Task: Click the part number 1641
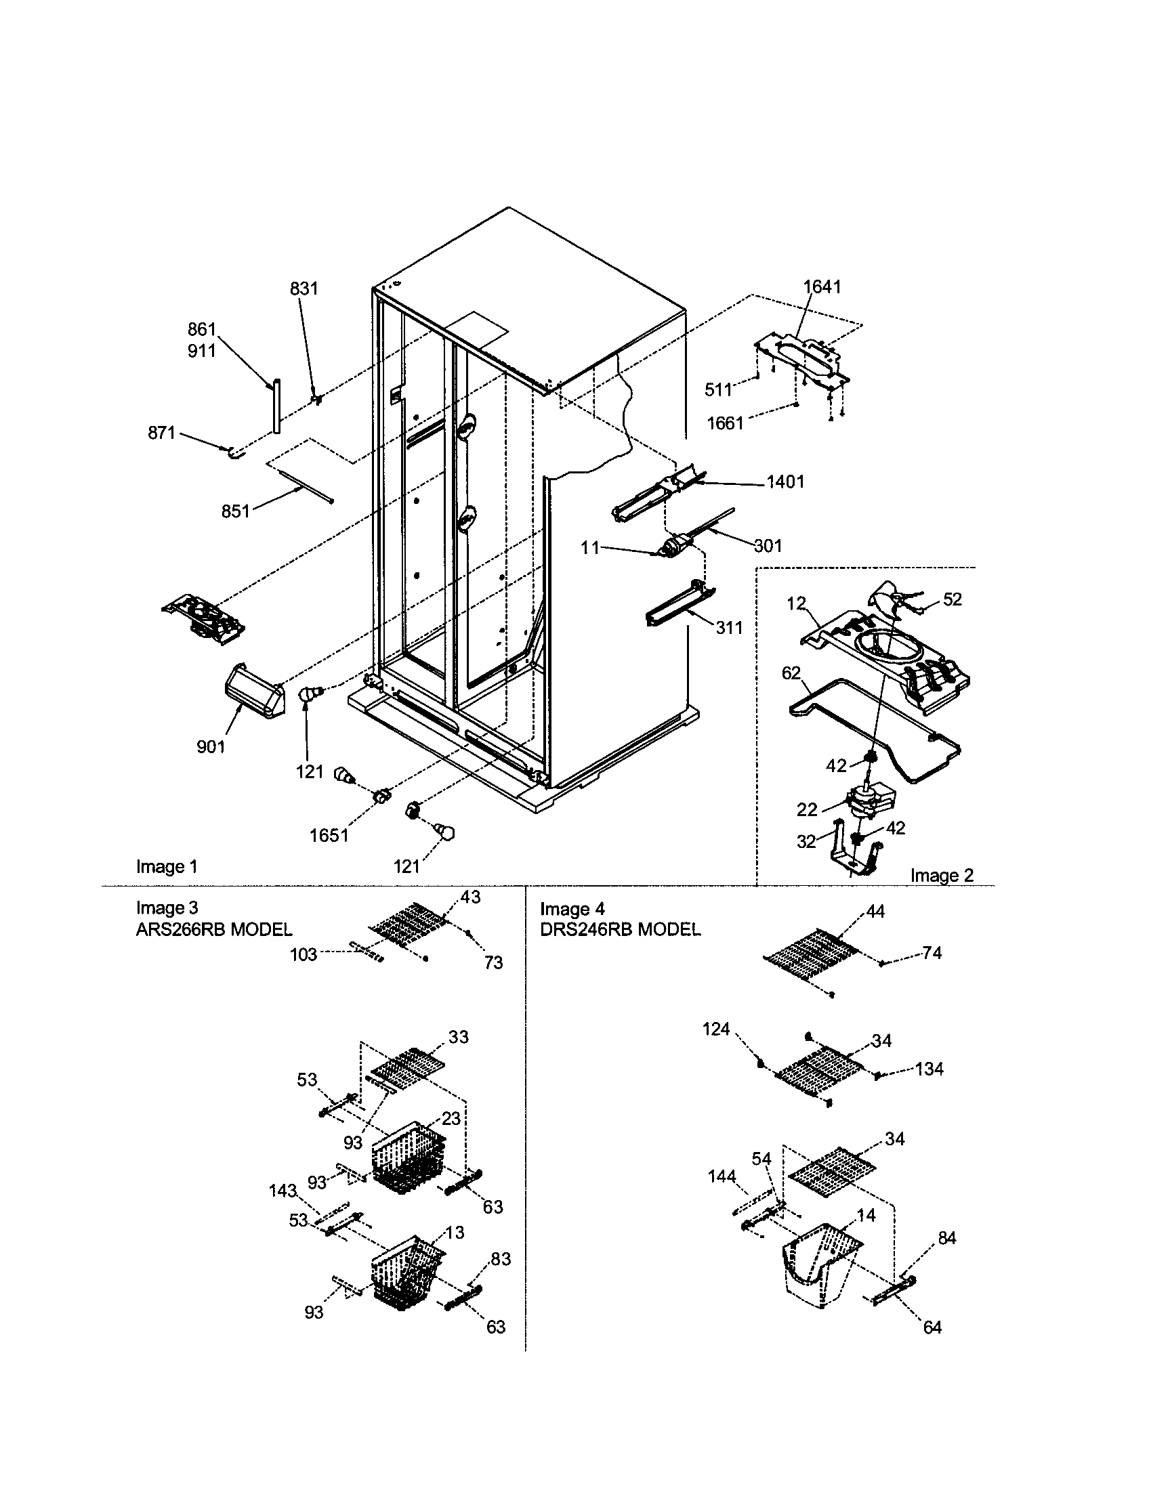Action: click(x=822, y=286)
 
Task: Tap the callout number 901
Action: click(x=211, y=747)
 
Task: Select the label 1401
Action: click(x=785, y=482)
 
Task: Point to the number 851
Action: click(x=235, y=511)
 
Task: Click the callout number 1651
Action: click(x=329, y=835)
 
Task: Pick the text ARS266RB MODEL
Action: click(x=213, y=929)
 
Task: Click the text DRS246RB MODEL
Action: click(x=619, y=929)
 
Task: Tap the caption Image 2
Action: click(x=942, y=875)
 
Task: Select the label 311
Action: click(x=729, y=627)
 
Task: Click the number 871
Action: click(x=162, y=433)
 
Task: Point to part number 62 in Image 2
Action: click(x=791, y=673)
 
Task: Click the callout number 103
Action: click(x=304, y=954)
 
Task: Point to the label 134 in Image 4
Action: click(x=929, y=1069)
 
